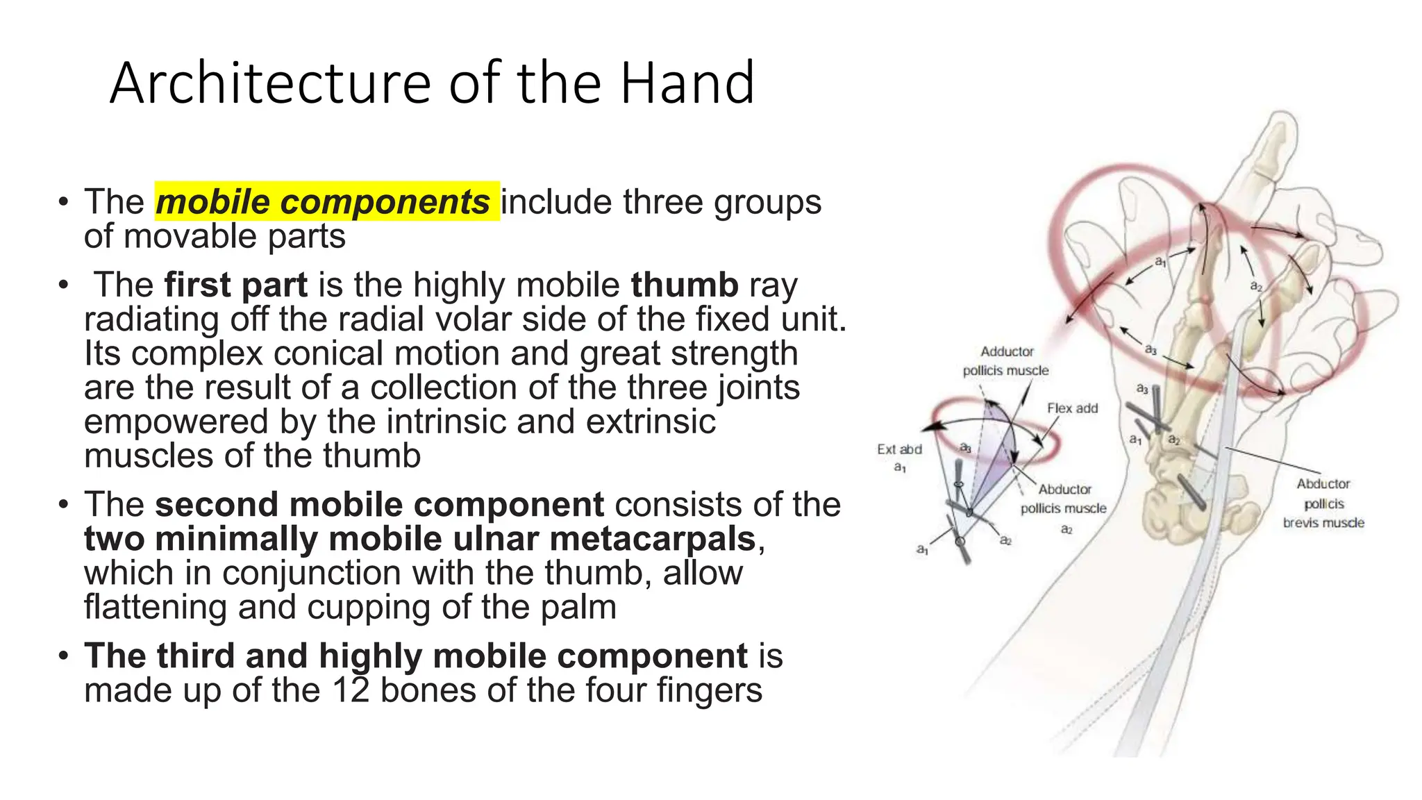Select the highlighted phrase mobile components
coord(323,202)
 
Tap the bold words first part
coord(235,285)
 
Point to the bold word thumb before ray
coord(684,285)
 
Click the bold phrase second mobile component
coord(379,504)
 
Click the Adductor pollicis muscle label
coord(1006,361)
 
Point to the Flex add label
coord(1072,408)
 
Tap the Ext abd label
coord(899,450)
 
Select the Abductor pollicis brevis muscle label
coord(1323,503)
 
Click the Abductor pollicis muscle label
coord(1064,499)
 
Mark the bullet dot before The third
coord(64,656)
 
